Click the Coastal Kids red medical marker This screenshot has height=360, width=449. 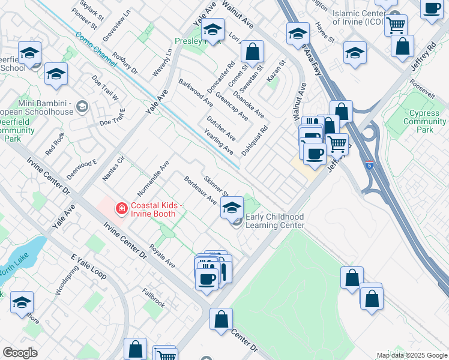pyautogui.click(x=122, y=209)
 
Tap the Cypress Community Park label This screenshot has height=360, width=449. pyautogui.click(x=424, y=121)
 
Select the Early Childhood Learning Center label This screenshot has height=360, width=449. pyautogui.click(x=274, y=221)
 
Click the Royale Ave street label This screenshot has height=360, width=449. pyautogui.click(x=162, y=256)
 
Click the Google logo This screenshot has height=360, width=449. pyautogui.click(x=20, y=352)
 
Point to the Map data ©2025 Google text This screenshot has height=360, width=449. pyautogui.click(x=411, y=355)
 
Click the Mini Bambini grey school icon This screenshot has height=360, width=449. pyautogui.click(x=82, y=107)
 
